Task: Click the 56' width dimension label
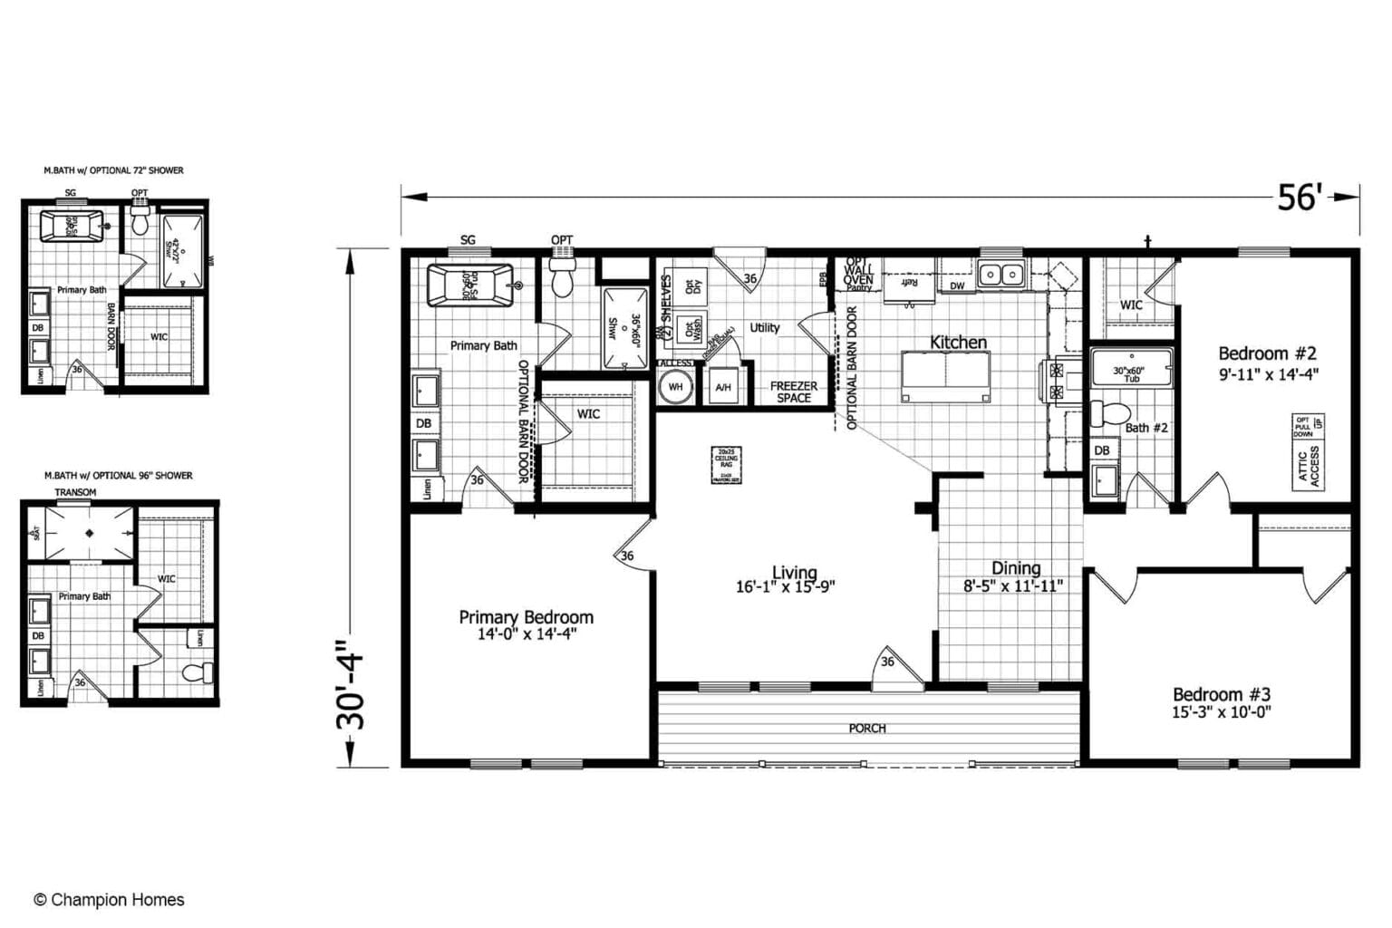[x=1300, y=197]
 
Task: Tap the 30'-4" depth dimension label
[x=352, y=686]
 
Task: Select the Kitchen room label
[x=958, y=343]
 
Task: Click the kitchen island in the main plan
[x=945, y=376]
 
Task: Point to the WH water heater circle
[x=675, y=387]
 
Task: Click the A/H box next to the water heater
[x=722, y=387]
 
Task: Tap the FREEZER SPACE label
[x=793, y=391]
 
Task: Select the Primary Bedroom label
[x=526, y=617]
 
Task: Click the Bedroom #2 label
[x=1266, y=353]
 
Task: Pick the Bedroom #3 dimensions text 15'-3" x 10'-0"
[x=1221, y=712]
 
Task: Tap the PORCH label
[x=866, y=728]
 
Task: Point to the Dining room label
[x=1015, y=568]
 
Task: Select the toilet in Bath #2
[x=1105, y=414]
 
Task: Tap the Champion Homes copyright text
[x=109, y=900]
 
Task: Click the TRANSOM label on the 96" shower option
[x=75, y=492]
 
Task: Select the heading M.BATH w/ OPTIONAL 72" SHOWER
[x=113, y=170]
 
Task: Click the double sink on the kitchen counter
[x=1001, y=273]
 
